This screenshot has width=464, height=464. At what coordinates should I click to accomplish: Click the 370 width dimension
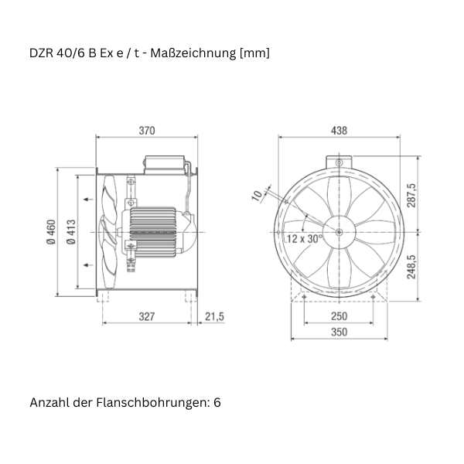pyautogui.click(x=147, y=131)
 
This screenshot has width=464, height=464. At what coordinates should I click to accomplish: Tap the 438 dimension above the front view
pyautogui.click(x=339, y=131)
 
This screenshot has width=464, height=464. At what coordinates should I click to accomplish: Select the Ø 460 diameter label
pyautogui.click(x=51, y=232)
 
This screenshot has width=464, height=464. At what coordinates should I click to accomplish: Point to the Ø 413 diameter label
pyautogui.click(x=71, y=232)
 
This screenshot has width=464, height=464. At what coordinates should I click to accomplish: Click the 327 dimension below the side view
pyautogui.click(x=147, y=316)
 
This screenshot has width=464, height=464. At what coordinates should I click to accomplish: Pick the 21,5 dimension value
pyautogui.click(x=215, y=316)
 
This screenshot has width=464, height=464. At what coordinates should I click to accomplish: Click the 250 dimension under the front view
pyautogui.click(x=339, y=316)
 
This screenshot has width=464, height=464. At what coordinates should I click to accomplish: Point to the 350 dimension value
pyautogui.click(x=339, y=332)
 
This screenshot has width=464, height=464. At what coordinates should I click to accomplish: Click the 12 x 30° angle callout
pyautogui.click(x=305, y=239)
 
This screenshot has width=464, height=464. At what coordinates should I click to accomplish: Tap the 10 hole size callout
pyautogui.click(x=257, y=196)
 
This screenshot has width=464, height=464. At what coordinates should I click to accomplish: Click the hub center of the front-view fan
pyautogui.click(x=339, y=231)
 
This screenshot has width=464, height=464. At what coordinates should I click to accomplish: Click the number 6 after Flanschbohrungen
pyautogui.click(x=217, y=403)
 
